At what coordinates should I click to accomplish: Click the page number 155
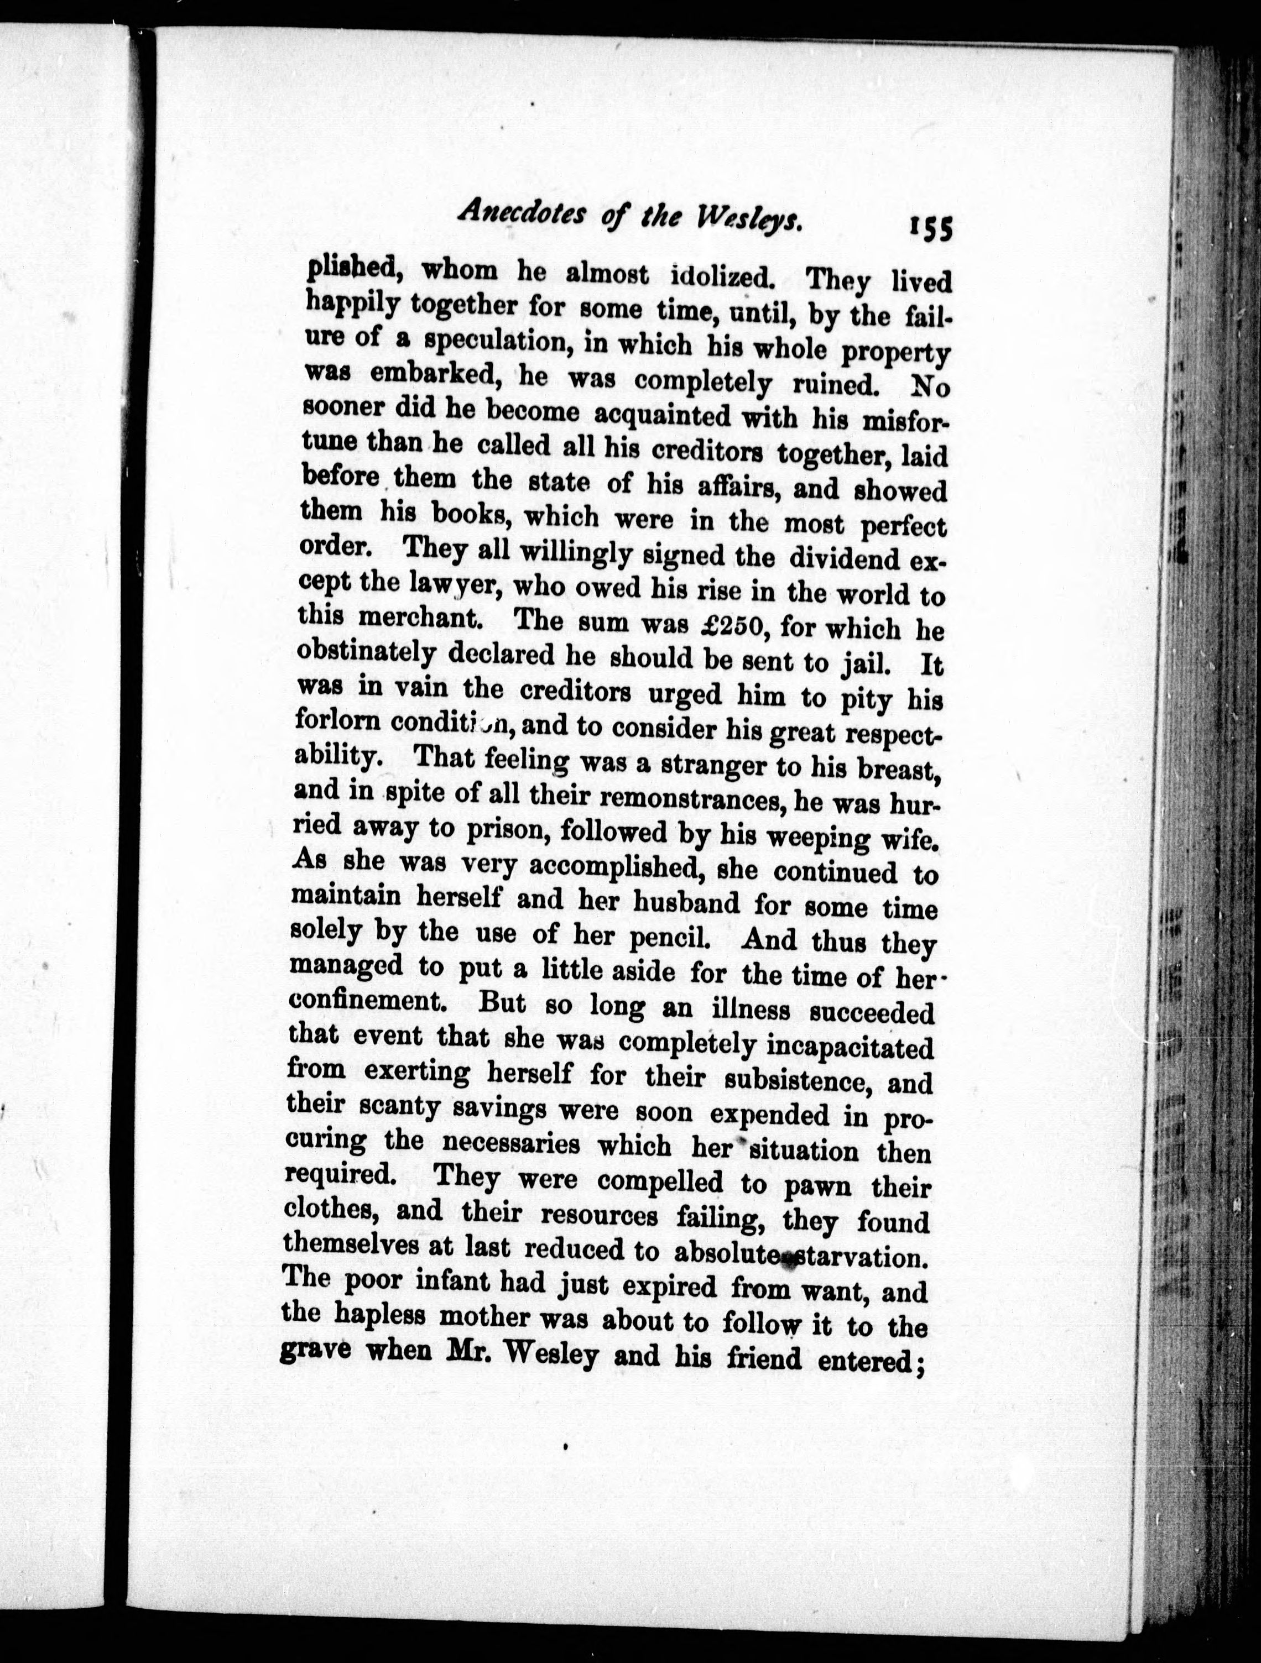coord(930,226)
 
